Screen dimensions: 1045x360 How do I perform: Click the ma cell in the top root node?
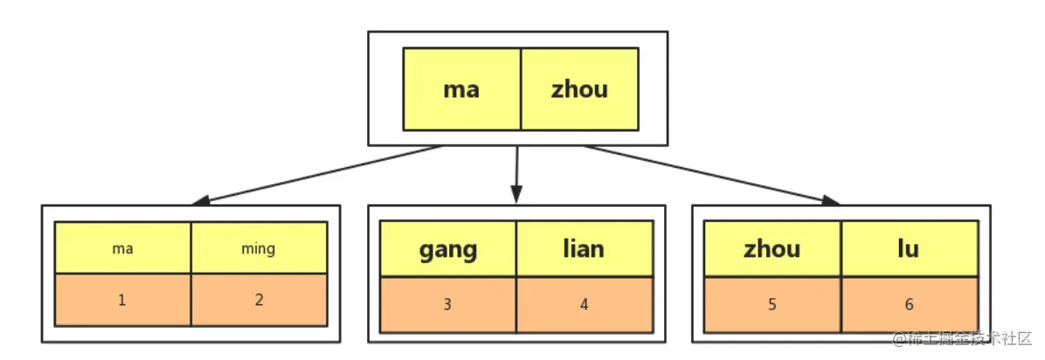pos(462,88)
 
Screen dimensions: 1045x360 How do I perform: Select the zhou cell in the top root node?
pos(579,88)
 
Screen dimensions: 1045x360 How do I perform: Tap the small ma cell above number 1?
pos(122,248)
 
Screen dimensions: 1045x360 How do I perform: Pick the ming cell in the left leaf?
pos(260,248)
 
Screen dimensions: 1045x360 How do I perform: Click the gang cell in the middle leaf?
pos(448,249)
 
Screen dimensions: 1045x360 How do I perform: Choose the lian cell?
pos(585,249)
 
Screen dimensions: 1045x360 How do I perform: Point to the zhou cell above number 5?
pos(772,249)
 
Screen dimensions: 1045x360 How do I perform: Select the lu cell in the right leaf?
pos(909,249)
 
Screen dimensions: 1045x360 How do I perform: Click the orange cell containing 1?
pos(122,300)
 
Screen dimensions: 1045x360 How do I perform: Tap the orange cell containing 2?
pos(260,300)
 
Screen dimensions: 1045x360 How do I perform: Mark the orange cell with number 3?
pos(448,305)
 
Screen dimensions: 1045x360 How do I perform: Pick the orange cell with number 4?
pos(585,305)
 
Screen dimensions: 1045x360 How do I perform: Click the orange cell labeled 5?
pos(772,305)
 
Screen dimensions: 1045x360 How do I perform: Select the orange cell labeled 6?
pos(909,305)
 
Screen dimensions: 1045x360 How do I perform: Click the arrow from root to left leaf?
pos(315,175)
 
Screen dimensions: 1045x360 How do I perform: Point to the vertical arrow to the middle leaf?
pos(516,175)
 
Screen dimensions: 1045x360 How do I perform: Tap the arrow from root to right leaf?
pos(713,175)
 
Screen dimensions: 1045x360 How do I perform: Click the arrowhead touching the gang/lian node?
pos(516,196)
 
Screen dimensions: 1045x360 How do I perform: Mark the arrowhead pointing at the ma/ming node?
pos(200,201)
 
